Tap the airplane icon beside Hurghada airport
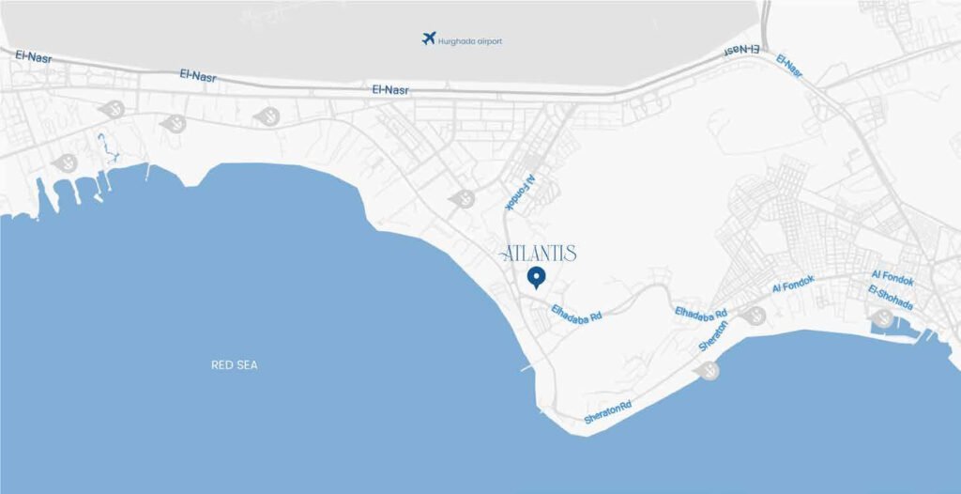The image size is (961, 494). [x=429, y=39]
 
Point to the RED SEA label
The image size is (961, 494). [x=235, y=364]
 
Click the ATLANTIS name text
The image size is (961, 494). [x=539, y=254]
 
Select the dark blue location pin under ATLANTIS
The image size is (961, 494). [x=537, y=278]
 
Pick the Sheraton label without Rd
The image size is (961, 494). [x=713, y=335]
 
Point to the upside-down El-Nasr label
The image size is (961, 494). [x=741, y=48]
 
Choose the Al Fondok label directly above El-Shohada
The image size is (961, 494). [x=892, y=276]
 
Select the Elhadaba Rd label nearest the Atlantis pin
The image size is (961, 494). [x=576, y=312]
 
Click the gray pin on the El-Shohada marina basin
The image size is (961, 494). [x=882, y=319]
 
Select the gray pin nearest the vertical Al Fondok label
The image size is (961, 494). [x=462, y=198]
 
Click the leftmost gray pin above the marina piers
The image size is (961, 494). [x=65, y=162]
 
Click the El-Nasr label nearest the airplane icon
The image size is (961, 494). [x=390, y=90]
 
